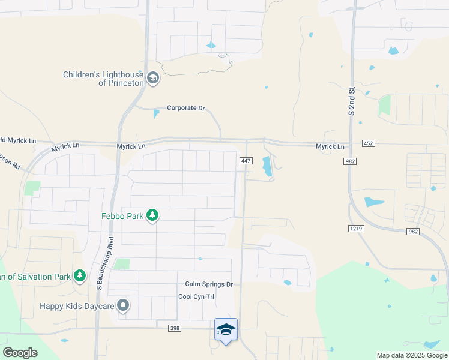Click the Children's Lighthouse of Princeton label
coord(104,79)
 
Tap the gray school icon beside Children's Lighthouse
coord(153,78)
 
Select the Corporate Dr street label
coord(186,108)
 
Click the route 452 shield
coord(369,143)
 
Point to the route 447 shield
coord(246,160)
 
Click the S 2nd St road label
coord(352,101)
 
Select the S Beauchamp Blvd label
coord(100,262)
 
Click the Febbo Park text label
coord(122,215)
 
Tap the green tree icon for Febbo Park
coord(152,215)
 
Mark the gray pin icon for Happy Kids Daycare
coord(124,306)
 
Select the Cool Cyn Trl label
coord(196,297)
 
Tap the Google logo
coord(20,353)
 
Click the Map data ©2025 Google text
coord(412,355)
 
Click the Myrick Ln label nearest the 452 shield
coord(331,147)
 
